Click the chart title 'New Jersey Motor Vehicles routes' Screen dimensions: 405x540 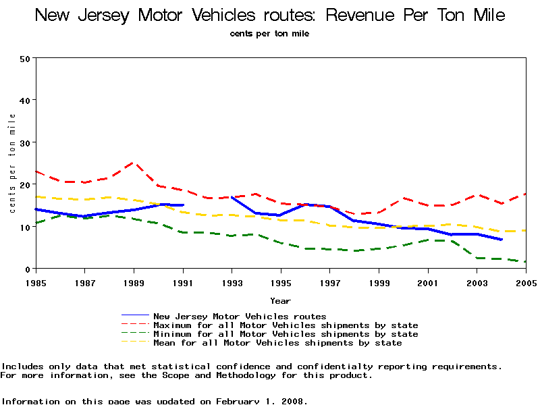point(270,15)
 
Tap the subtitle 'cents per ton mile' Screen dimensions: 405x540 point(269,33)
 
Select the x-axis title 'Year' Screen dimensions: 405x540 point(280,300)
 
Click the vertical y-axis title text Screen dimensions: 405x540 point(12,163)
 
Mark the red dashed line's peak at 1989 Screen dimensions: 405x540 point(133,163)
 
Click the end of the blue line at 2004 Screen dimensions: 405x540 point(501,240)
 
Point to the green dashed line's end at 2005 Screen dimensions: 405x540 point(525,262)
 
